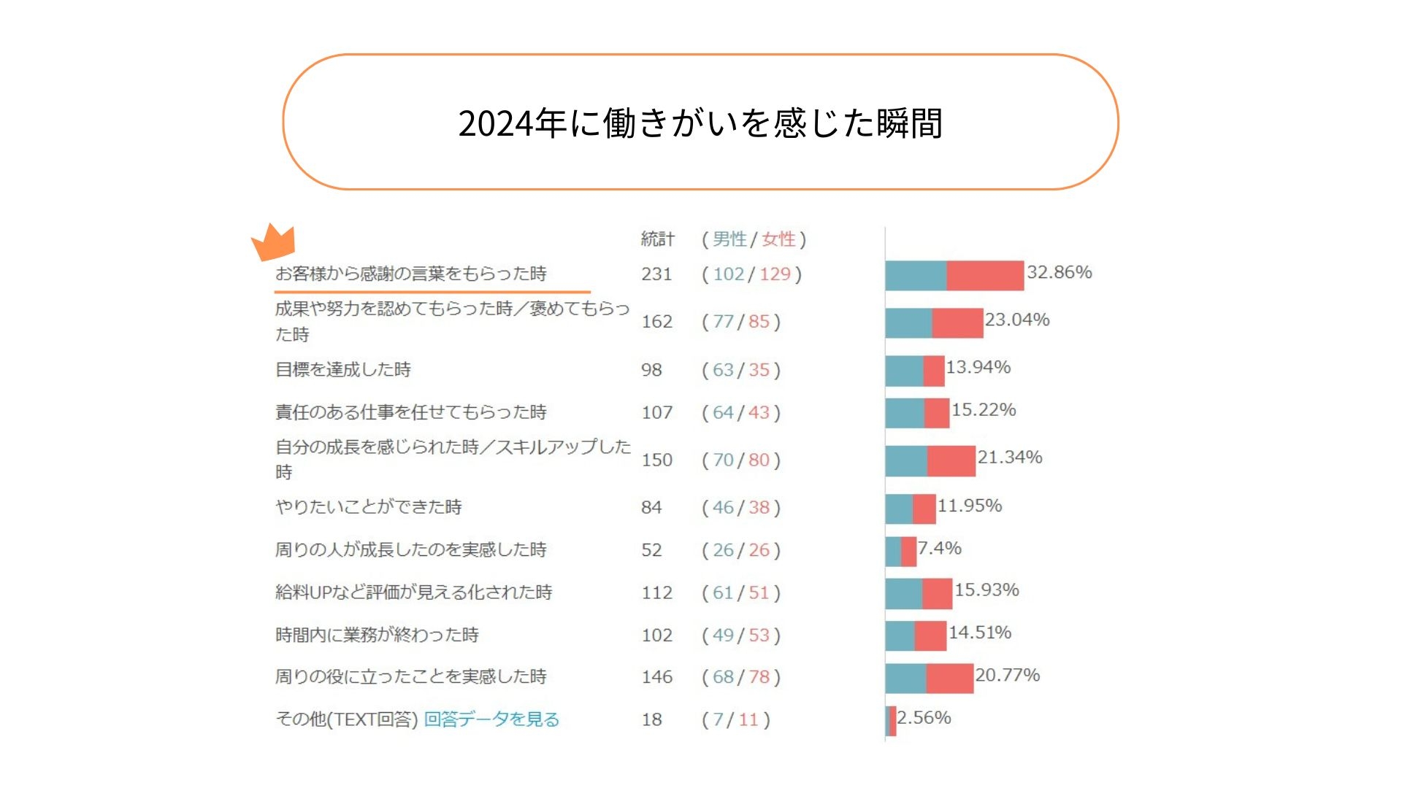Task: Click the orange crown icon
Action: click(274, 242)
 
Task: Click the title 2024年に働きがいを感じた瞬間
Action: click(700, 123)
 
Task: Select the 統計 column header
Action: click(657, 239)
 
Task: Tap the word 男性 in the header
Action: click(729, 239)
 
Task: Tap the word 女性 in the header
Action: click(778, 239)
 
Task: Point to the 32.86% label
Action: click(1059, 272)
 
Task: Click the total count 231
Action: click(656, 274)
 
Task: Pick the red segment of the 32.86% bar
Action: click(985, 276)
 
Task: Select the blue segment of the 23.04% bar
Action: click(908, 323)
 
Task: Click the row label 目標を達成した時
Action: click(342, 369)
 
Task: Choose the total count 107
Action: click(656, 412)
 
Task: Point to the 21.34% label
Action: click(1009, 457)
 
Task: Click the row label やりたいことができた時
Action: click(368, 507)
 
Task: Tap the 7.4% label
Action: click(939, 548)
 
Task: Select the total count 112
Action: click(656, 592)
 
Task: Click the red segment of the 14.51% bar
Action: click(930, 636)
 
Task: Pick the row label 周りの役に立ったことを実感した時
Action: click(410, 677)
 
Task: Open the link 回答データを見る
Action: click(491, 719)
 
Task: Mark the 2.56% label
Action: click(924, 718)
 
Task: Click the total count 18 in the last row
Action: click(651, 719)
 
